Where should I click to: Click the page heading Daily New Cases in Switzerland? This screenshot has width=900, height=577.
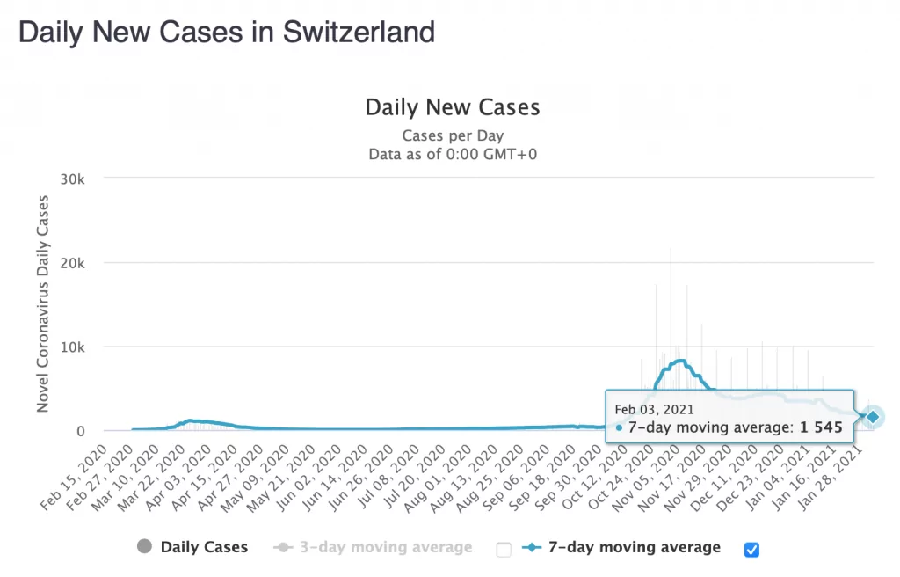click(x=227, y=33)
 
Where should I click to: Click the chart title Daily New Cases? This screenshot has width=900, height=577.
click(x=453, y=107)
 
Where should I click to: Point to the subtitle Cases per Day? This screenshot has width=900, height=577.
click(x=453, y=135)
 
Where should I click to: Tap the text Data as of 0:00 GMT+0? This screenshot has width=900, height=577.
click(x=453, y=154)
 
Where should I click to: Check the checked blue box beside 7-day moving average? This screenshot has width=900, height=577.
click(x=751, y=550)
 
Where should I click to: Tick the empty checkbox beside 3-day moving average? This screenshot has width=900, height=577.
click(x=504, y=550)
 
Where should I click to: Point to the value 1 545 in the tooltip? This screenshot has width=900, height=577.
click(x=821, y=427)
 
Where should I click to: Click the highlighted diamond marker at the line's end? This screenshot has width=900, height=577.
click(x=873, y=416)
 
